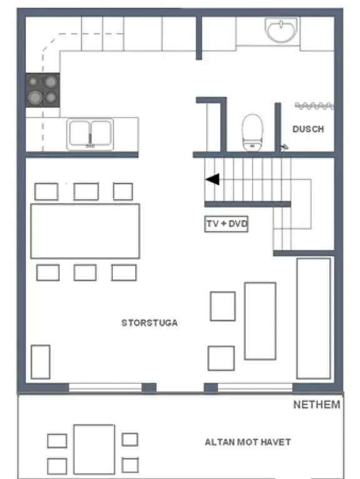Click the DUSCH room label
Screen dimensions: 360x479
point(308,129)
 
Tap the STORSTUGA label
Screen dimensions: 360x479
point(149,323)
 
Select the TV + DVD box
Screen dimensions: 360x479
point(226,224)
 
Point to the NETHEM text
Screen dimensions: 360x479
point(317,405)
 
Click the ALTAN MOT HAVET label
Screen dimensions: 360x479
point(247,442)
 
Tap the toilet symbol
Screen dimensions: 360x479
point(252,133)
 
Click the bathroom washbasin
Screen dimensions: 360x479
point(281,30)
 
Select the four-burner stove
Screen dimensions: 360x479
point(42,90)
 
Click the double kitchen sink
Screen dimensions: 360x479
point(90,134)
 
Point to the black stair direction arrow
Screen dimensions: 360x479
point(212,179)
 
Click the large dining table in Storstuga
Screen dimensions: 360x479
point(85,231)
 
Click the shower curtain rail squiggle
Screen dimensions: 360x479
point(314,106)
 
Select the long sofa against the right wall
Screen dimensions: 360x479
point(314,319)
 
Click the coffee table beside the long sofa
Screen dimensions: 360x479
point(260,321)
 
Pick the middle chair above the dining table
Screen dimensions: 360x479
point(86,191)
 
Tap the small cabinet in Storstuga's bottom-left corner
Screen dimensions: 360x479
point(41,362)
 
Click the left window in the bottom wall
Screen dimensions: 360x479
point(105,387)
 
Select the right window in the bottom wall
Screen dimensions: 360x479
point(255,387)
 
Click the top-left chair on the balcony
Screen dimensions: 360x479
point(57,441)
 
